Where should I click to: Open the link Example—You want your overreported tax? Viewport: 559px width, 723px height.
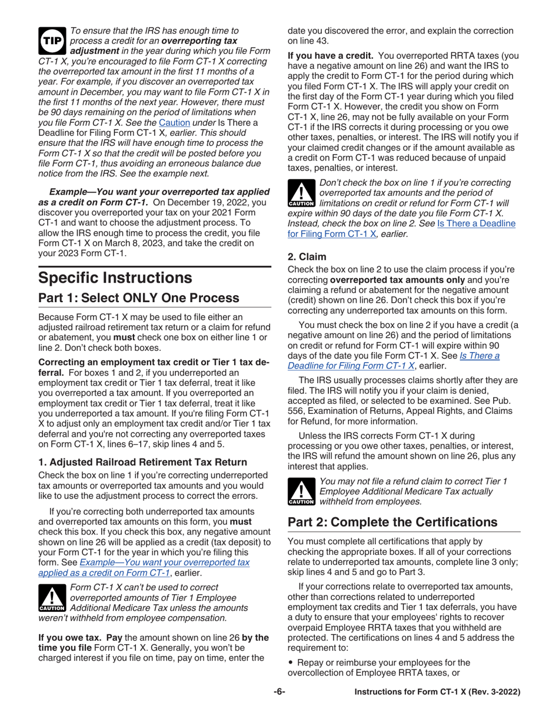(x=168, y=563)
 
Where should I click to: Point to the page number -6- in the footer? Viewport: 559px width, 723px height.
(x=279, y=692)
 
